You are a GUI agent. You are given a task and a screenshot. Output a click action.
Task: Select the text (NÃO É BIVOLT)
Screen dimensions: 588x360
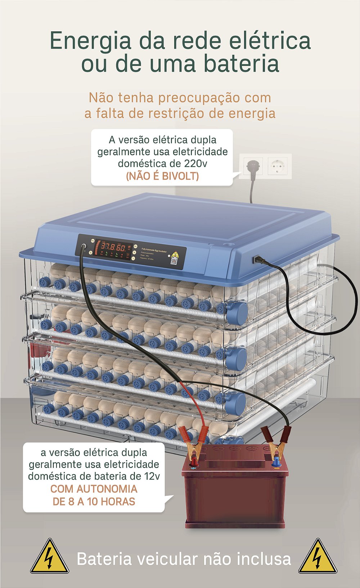click(x=162, y=176)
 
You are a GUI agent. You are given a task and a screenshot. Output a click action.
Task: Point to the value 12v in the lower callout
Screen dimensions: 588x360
click(x=152, y=476)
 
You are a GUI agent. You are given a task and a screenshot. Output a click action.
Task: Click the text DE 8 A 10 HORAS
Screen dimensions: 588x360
click(x=94, y=502)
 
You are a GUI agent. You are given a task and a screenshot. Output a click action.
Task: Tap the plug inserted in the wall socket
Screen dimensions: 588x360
click(x=252, y=166)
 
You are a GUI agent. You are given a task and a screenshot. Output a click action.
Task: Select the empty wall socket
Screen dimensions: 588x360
click(x=277, y=166)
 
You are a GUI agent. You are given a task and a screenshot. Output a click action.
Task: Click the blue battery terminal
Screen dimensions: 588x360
click(x=276, y=462)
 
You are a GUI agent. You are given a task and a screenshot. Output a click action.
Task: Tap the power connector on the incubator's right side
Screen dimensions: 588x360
click(x=257, y=259)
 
